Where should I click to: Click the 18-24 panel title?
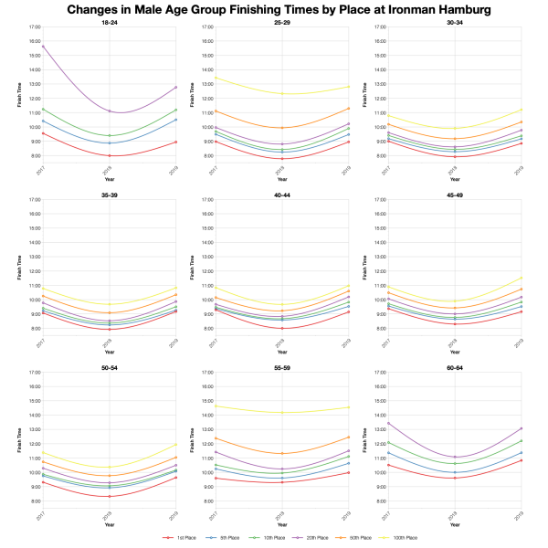point(109,22)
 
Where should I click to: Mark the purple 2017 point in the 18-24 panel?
point(41,47)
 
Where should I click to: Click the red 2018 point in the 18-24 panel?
point(109,155)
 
